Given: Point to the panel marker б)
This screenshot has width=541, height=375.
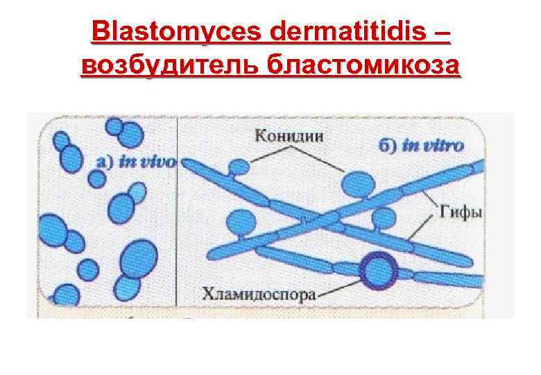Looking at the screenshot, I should [389, 147].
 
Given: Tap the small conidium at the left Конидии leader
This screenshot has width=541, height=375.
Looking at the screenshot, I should [239, 167].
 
